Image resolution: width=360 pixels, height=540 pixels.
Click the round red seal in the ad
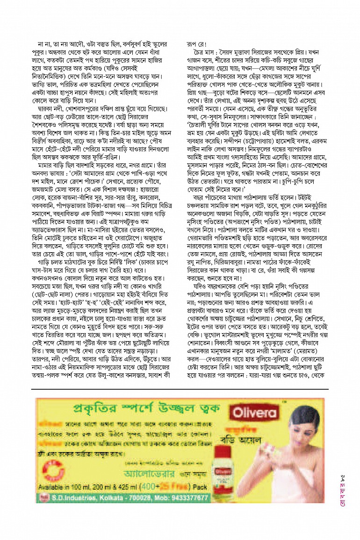pyautogui.click(x=46, y=497)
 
